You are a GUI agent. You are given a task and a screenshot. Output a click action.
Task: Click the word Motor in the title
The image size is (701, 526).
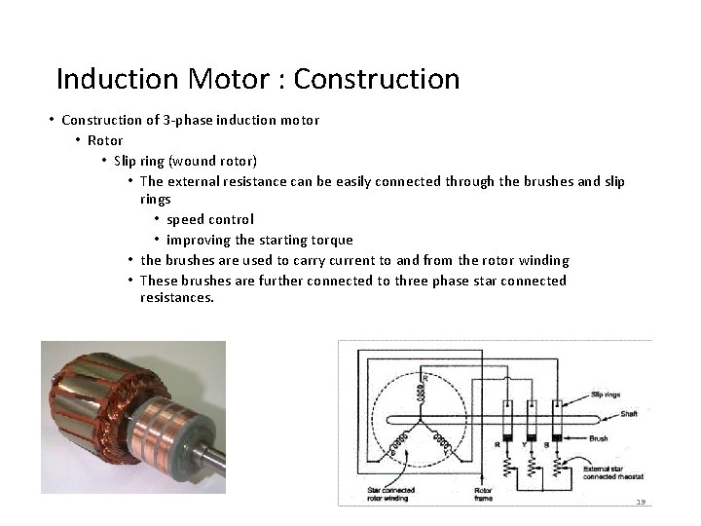coord(236,78)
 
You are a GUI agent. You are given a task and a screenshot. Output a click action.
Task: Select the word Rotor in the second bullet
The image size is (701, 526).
coord(105,140)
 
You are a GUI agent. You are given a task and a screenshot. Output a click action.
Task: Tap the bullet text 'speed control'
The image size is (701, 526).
coord(209,219)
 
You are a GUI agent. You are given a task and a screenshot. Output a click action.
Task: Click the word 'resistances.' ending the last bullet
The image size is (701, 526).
coord(176,297)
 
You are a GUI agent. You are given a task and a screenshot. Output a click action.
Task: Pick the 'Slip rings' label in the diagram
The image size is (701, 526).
coord(606,394)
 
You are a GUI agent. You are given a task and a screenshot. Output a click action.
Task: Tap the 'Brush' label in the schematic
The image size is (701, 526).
coord(601,439)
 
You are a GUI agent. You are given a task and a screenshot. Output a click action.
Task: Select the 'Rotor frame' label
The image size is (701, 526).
coord(483,494)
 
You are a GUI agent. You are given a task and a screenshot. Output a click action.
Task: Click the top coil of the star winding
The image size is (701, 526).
coord(422,390)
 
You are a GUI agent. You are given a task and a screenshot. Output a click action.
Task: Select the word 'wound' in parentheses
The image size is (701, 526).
coord(191,160)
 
